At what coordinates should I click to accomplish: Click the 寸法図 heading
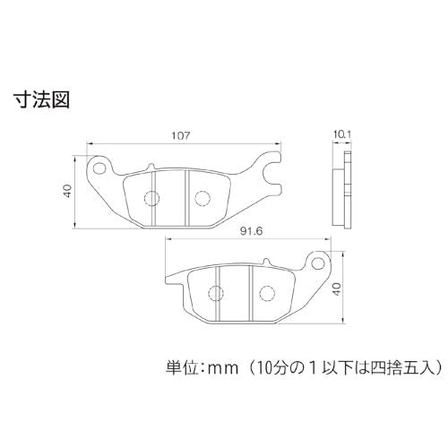(42, 99)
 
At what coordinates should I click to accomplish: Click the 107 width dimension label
(181, 135)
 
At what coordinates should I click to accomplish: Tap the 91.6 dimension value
(251, 231)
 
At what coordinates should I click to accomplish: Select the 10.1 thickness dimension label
(341, 134)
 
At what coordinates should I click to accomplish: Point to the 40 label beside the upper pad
(68, 191)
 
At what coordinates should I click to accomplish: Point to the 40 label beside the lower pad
(337, 289)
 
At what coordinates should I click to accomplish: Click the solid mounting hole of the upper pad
(99, 168)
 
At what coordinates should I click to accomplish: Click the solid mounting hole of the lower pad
(318, 263)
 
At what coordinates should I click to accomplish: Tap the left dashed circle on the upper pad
(151, 198)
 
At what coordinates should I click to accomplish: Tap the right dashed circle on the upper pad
(202, 198)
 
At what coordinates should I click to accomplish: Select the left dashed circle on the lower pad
(216, 294)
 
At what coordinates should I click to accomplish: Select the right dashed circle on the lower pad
(267, 294)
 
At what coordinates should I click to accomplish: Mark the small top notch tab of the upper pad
(151, 166)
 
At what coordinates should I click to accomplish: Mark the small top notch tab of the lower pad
(266, 262)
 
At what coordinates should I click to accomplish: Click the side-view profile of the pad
(342, 190)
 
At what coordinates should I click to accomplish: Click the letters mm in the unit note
(223, 369)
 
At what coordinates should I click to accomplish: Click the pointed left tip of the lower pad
(166, 280)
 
